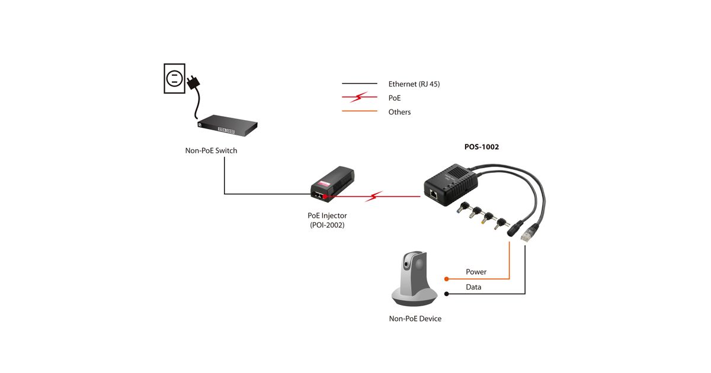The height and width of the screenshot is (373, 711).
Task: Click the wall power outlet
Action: click(x=174, y=78)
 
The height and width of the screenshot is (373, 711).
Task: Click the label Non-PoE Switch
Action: click(x=211, y=150)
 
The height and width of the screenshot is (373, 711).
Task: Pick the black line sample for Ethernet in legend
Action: click(x=359, y=84)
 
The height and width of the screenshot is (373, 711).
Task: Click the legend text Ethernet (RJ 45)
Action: click(x=414, y=84)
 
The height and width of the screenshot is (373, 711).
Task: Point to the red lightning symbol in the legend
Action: click(x=359, y=98)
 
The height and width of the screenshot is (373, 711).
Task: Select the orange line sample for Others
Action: click(x=359, y=111)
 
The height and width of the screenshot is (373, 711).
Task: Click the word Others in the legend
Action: click(x=399, y=112)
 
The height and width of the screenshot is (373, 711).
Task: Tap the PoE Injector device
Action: click(x=332, y=184)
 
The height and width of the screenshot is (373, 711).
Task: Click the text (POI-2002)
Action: click(x=327, y=225)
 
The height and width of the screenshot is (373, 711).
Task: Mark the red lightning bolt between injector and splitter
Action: click(x=374, y=196)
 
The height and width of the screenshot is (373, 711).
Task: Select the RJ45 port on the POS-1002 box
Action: click(x=434, y=192)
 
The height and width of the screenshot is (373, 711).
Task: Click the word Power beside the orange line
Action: click(x=476, y=272)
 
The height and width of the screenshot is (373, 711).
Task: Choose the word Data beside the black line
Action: click(x=473, y=287)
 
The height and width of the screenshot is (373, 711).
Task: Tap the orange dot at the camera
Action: click(x=446, y=278)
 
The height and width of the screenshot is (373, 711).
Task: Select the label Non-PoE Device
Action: click(x=415, y=319)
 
